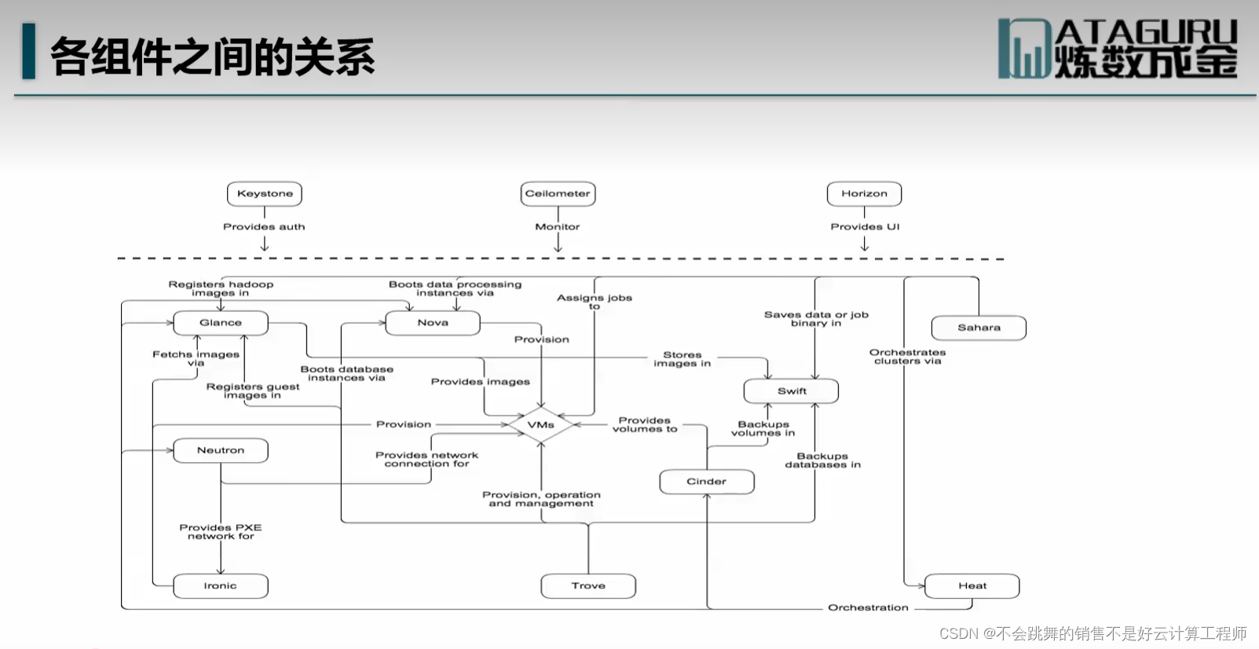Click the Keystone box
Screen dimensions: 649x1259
coord(265,193)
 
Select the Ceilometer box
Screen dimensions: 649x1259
coord(558,193)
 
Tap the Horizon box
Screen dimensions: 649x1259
coord(864,193)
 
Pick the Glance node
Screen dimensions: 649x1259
coord(221,323)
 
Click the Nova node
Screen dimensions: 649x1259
coord(433,323)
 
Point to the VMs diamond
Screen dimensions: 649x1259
coord(540,425)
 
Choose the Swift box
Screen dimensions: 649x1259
coord(791,391)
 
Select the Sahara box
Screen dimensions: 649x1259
coord(979,328)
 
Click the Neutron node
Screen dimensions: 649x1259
coord(221,450)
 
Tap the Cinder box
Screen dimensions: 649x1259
coord(707,482)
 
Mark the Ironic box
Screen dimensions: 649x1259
coord(221,586)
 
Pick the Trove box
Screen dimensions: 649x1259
coord(588,586)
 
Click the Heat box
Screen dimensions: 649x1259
coord(972,586)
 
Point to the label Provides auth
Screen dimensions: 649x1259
coord(264,227)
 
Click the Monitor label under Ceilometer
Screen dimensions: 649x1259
coord(558,227)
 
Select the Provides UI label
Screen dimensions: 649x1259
coord(865,227)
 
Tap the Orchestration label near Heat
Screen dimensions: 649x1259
coord(868,608)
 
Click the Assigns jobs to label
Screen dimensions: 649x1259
coord(595,302)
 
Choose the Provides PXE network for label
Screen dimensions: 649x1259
coord(221,532)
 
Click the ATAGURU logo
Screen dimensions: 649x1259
coord(1117,49)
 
